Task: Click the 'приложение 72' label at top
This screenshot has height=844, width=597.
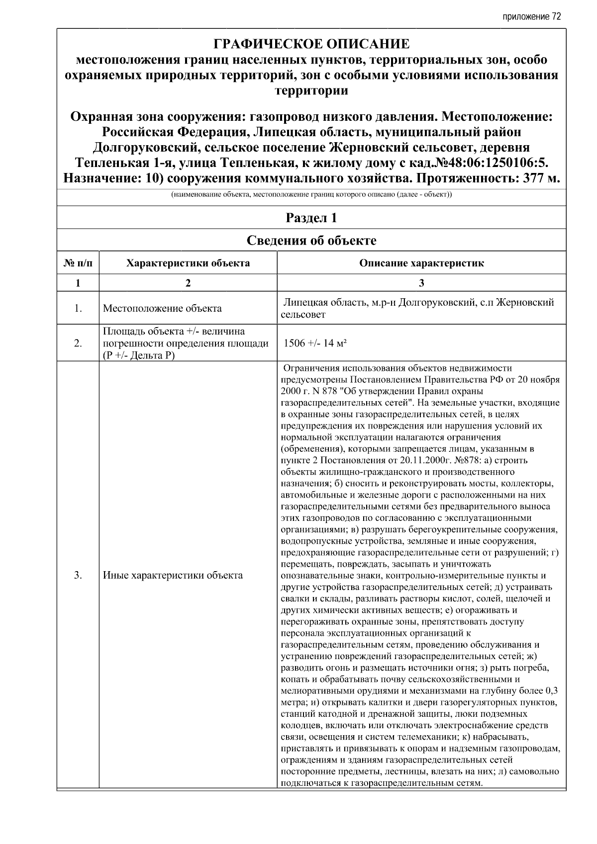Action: tap(531, 16)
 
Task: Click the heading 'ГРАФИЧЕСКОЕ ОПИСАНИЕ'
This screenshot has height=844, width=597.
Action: tap(311, 44)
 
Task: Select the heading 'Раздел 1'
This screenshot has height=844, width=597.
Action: tap(311, 218)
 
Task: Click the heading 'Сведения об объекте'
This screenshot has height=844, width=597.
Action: tap(311, 241)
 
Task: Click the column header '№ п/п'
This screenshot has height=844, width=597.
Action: tap(78, 263)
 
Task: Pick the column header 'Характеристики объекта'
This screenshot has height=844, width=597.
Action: tap(188, 263)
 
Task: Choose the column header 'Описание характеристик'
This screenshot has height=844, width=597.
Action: tap(421, 263)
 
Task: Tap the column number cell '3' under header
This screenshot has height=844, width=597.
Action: tap(421, 283)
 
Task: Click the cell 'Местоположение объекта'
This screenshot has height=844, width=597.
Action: tap(162, 308)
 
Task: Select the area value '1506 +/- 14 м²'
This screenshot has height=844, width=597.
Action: tap(314, 343)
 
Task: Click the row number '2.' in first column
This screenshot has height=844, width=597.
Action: tap(78, 343)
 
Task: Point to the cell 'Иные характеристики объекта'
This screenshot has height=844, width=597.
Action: tap(173, 575)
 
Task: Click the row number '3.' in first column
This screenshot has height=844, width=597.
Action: tap(78, 575)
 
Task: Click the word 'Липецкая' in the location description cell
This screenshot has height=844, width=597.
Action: tap(302, 303)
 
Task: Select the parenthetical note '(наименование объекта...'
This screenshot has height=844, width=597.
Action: tap(311, 195)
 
